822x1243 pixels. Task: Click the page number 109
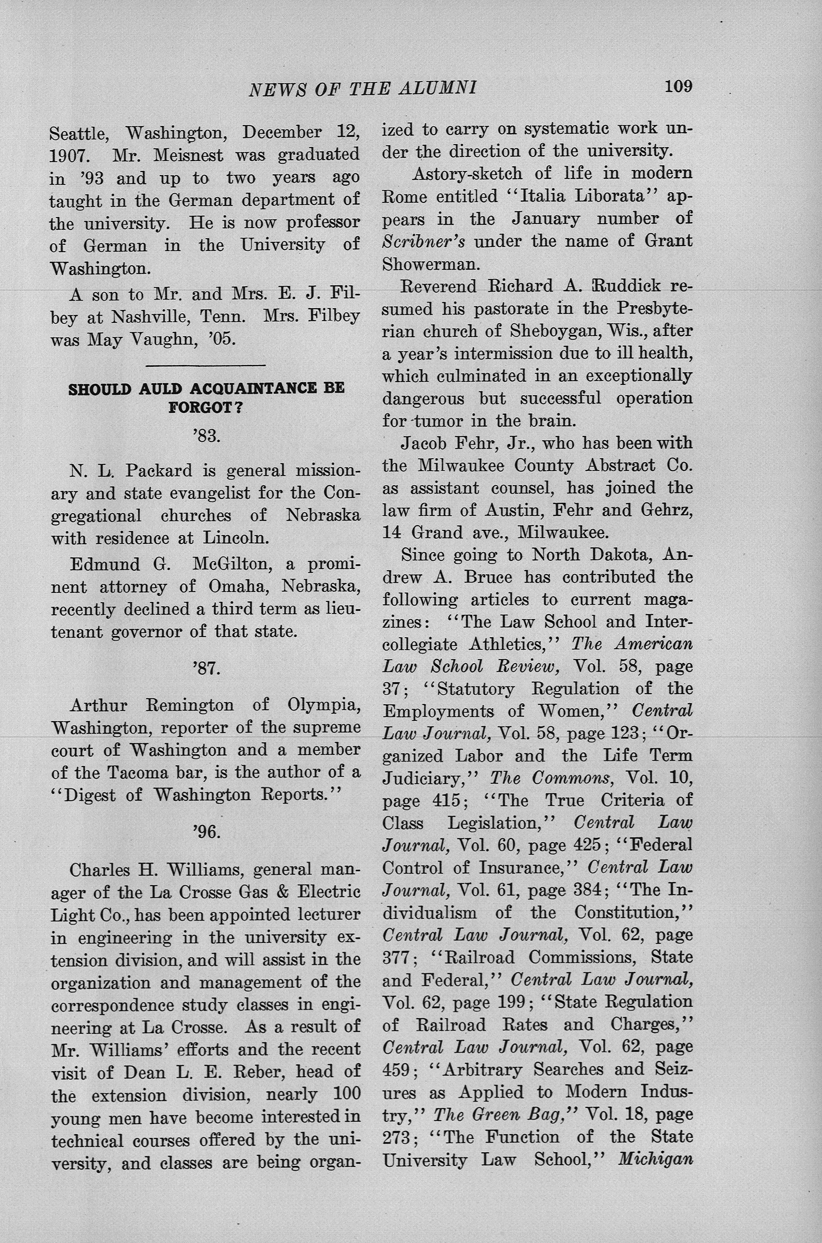pyautogui.click(x=678, y=86)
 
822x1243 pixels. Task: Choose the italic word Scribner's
pyautogui.click(x=424, y=242)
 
